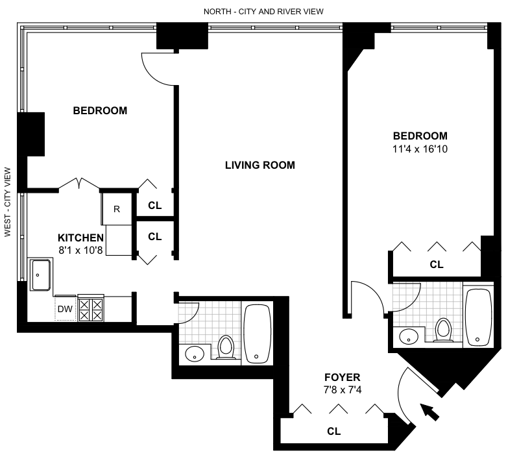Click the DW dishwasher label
65,309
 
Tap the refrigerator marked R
117,208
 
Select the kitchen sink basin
40,275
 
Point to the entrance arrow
429,412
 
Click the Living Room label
260,165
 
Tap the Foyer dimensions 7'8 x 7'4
343,390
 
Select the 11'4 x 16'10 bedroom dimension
420,149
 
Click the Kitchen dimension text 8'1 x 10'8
80,250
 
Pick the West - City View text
8,202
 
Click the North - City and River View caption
263,12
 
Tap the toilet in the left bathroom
226,347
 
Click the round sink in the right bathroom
409,336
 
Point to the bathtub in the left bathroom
257,334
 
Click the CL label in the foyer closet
333,431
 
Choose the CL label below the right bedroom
436,264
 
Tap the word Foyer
343,377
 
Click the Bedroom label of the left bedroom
100,110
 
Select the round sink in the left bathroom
195,354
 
